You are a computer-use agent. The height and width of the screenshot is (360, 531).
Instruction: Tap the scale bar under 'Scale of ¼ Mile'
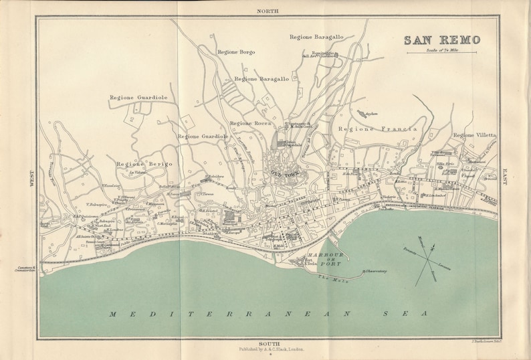pos(441,52)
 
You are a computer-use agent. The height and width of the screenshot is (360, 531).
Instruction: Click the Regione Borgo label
pos(236,52)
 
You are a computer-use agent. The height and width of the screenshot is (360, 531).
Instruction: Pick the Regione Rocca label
pos(249,123)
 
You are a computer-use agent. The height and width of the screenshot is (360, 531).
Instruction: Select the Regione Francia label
pos(378,128)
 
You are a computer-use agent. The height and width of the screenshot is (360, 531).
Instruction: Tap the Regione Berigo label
pos(144,164)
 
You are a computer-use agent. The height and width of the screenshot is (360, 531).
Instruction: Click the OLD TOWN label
pos(282,173)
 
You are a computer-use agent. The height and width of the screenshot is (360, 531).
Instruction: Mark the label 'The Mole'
pos(328,278)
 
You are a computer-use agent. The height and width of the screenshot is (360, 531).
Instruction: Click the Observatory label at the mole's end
pos(376,271)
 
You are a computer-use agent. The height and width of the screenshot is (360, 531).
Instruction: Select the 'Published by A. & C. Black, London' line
pos(267,349)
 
